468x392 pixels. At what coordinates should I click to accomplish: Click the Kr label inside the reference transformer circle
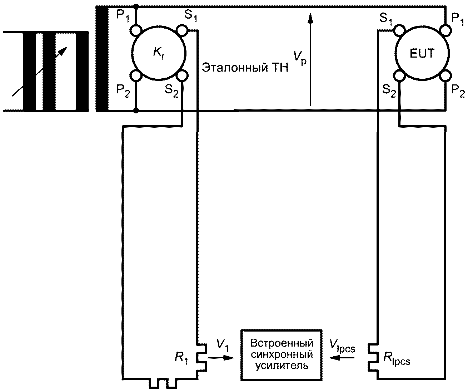tap(159, 54)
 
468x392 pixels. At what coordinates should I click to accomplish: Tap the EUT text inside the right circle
tap(422, 53)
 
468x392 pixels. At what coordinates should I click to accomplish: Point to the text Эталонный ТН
tap(245, 68)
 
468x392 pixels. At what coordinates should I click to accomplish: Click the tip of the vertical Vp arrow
tap(310, 13)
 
